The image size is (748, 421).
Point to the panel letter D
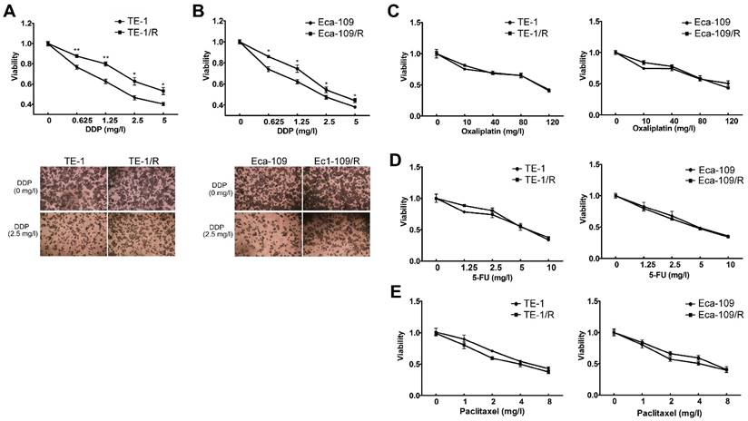point(393,162)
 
